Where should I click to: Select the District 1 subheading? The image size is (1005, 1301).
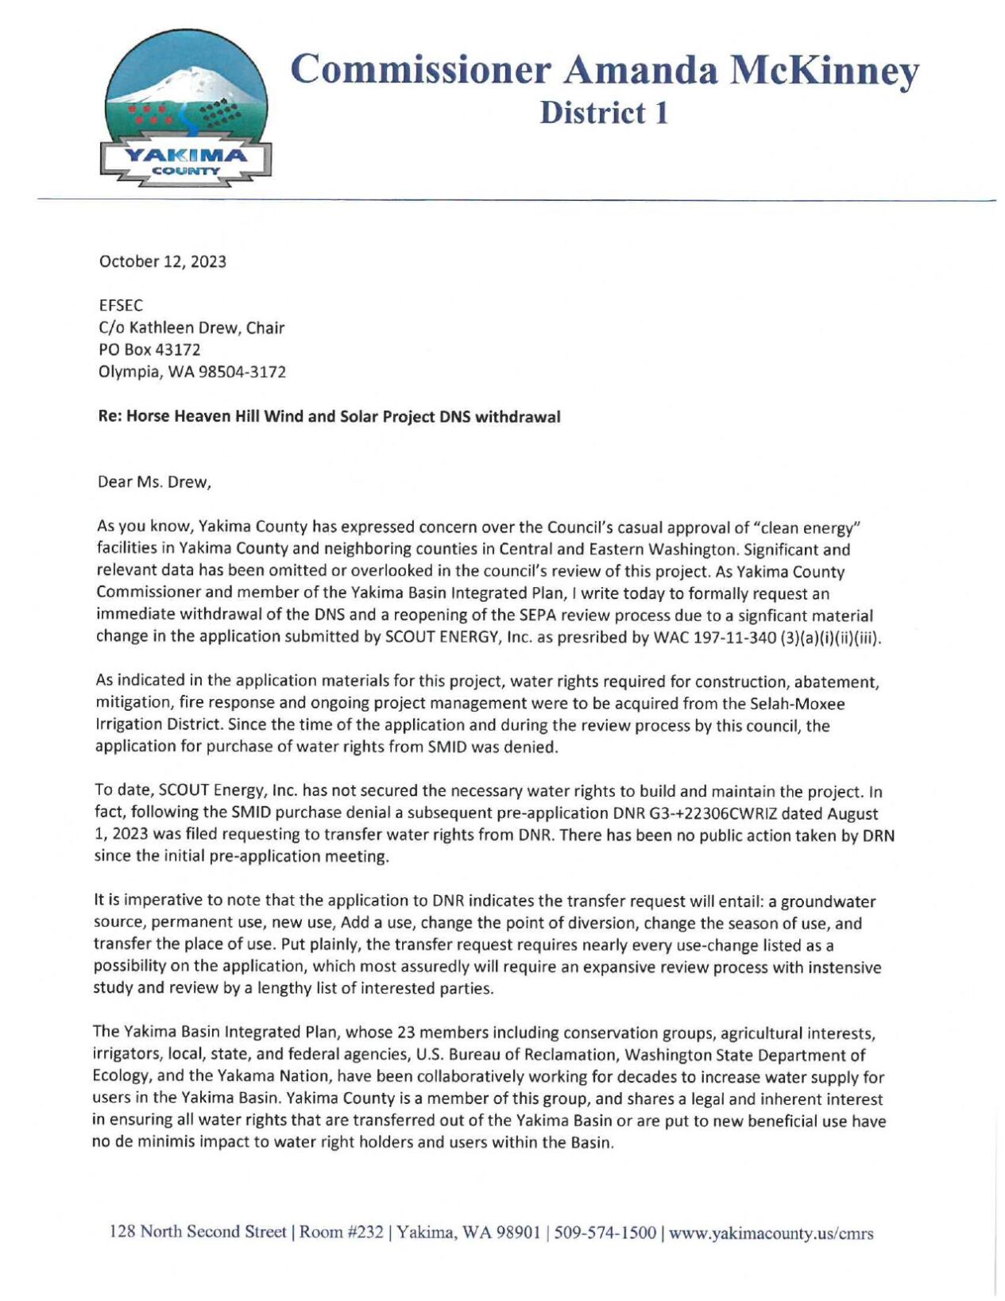[x=604, y=113]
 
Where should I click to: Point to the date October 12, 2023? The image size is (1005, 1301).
[x=162, y=262]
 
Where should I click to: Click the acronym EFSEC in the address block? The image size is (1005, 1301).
[x=121, y=306]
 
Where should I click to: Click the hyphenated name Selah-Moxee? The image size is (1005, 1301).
[x=797, y=704]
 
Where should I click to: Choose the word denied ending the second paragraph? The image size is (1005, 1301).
[x=535, y=747]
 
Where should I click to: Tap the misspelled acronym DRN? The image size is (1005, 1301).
[x=879, y=836]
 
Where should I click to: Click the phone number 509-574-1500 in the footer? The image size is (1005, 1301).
[x=605, y=1233]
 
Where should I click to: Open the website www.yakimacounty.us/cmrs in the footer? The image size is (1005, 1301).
[x=771, y=1233]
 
